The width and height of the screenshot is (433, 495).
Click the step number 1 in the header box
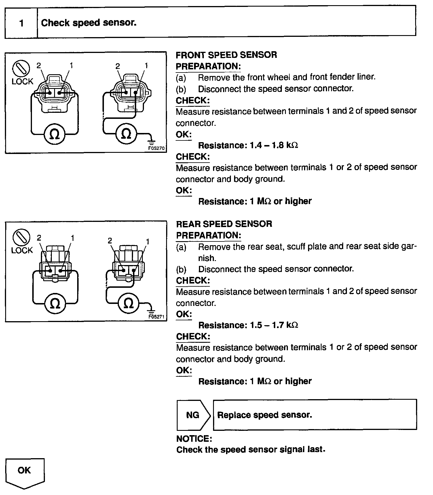pyautogui.click(x=21, y=23)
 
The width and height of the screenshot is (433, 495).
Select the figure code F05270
pyautogui.click(x=156, y=148)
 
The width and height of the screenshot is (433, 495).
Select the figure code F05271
pyautogui.click(x=156, y=317)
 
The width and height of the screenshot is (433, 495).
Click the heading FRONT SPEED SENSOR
pyautogui.click(x=226, y=55)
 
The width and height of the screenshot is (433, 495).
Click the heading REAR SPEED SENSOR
pyautogui.click(x=224, y=224)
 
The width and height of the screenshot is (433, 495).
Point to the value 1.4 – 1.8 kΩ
pyautogui.click(x=274, y=145)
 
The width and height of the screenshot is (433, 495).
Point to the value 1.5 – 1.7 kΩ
pyautogui.click(x=274, y=325)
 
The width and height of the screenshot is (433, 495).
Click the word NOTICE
pyautogui.click(x=194, y=439)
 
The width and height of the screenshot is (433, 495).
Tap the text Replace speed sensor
pyautogui.click(x=265, y=415)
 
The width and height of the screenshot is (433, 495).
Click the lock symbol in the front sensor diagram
pyautogui.click(x=21, y=69)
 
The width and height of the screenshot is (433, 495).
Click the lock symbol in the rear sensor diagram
pyautogui.click(x=21, y=238)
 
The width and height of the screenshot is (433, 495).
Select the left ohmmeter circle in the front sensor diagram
pyautogui.click(x=54, y=134)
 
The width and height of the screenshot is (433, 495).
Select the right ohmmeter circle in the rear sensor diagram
pyautogui.click(x=128, y=303)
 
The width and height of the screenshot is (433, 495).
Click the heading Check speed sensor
pyautogui.click(x=89, y=23)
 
